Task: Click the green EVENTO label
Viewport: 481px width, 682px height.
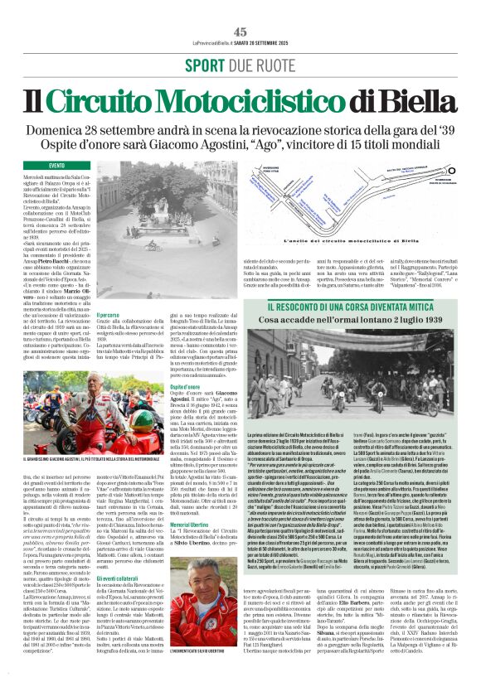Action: tap(57, 166)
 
